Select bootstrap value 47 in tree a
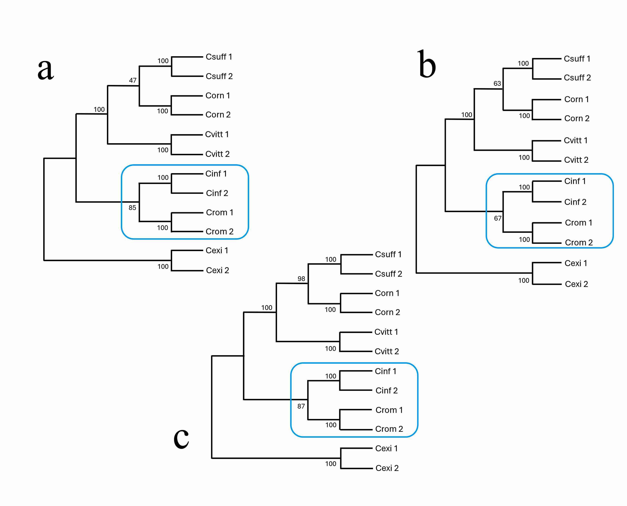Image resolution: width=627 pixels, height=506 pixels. [133, 81]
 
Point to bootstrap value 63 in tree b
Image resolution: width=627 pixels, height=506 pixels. [497, 84]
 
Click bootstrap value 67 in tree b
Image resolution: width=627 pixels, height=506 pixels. [498, 218]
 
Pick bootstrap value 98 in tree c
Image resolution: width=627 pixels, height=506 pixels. [301, 279]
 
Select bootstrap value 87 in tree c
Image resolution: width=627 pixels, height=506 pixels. [301, 406]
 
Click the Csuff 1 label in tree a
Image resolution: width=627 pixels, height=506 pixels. [219, 57]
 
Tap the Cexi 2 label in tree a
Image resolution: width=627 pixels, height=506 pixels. [217, 271]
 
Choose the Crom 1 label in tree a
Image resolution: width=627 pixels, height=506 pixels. [219, 213]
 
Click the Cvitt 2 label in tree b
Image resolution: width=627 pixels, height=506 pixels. [576, 160]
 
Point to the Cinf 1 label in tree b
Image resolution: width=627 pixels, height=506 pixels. [575, 181]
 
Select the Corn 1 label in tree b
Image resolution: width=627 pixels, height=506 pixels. [577, 99]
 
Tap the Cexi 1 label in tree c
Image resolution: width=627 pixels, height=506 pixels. [386, 449]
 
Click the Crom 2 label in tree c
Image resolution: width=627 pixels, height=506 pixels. [389, 429]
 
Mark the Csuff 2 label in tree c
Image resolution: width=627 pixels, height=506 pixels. [388, 274]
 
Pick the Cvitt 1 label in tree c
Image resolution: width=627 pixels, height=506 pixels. [386, 332]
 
